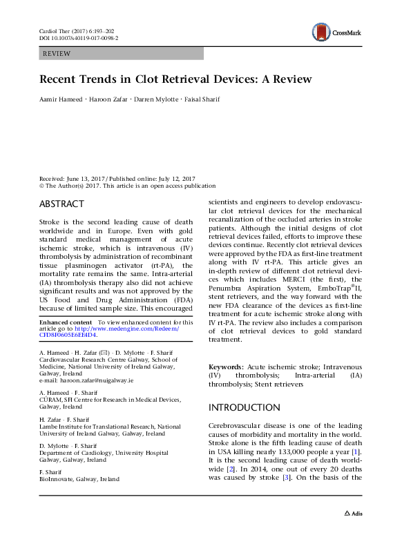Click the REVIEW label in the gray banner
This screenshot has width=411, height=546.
tap(57, 53)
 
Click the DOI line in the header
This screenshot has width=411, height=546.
tap(78, 39)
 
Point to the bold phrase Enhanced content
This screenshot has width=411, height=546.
tap(66, 322)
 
